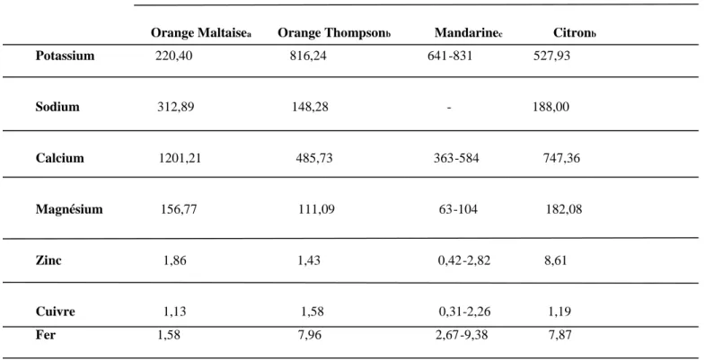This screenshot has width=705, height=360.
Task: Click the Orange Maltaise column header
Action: (200, 33)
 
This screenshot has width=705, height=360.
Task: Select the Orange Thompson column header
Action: (334, 33)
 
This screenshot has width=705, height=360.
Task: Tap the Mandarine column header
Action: (468, 33)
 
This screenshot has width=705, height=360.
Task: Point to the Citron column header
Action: (574, 33)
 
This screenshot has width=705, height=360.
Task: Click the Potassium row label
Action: (65, 56)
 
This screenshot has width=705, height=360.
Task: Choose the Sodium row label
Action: (57, 107)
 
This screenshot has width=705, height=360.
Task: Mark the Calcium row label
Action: (60, 158)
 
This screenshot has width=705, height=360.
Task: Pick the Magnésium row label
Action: (69, 209)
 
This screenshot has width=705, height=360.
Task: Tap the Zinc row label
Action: (48, 260)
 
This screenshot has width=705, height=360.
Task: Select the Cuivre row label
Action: (56, 312)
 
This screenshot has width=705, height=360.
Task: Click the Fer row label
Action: (46, 335)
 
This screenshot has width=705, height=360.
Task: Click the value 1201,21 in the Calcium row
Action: (180, 158)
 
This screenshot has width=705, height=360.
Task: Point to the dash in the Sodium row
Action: (449, 108)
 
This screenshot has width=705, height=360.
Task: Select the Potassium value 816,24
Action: (308, 56)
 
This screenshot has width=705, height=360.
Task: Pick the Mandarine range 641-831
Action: (450, 56)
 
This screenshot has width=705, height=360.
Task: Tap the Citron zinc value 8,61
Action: (556, 260)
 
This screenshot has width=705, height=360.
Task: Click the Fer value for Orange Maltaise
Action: (169, 335)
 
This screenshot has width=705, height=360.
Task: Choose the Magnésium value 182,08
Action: (564, 209)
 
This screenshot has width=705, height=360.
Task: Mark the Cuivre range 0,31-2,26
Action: (464, 312)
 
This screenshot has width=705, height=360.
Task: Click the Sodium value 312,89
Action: (176, 107)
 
